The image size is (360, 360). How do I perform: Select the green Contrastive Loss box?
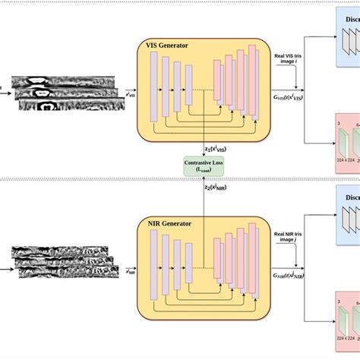click(203, 166)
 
